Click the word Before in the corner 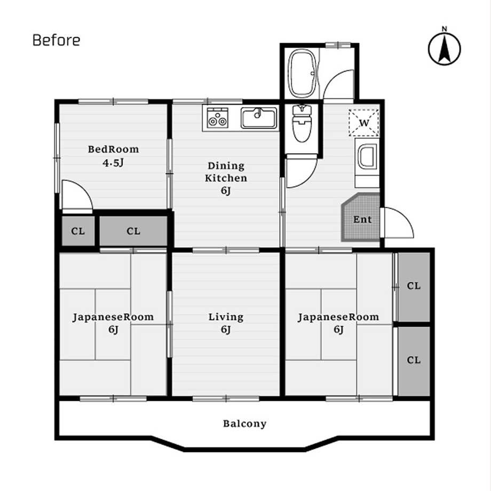click(57, 40)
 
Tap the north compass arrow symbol click(445, 49)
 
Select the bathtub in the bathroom click(303, 74)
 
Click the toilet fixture click(302, 123)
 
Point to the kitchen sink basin click(259, 118)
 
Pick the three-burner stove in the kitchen click(218, 118)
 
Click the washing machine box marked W click(364, 123)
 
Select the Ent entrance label click(362, 219)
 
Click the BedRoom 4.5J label click(113, 156)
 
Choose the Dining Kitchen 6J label click(226, 178)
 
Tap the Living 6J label click(226, 323)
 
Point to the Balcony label click(244, 424)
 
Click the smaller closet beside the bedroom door click(78, 231)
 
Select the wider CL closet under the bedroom click(133, 231)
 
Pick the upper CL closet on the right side click(414, 287)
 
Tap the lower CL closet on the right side click(414, 361)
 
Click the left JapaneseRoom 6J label click(113, 323)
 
